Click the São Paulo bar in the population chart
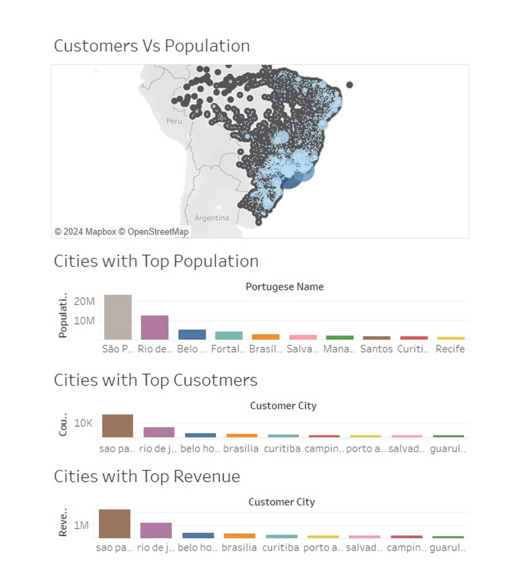pyautogui.click(x=118, y=317)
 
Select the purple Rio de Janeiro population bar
pyautogui.click(x=154, y=327)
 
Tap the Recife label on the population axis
pyautogui.click(x=450, y=349)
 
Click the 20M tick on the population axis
pyautogui.click(x=84, y=301)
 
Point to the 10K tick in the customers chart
pyautogui.click(x=83, y=423)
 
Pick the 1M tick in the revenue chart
pyautogui.click(x=81, y=525)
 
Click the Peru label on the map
pyautogui.click(x=174, y=121)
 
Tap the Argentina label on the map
pyautogui.click(x=212, y=218)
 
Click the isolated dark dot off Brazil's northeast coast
pyautogui.click(x=350, y=85)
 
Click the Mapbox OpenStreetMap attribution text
pyautogui.click(x=121, y=232)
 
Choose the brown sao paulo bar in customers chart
pyautogui.click(x=117, y=426)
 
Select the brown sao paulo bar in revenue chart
pyautogui.click(x=114, y=524)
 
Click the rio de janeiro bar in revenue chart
pyautogui.click(x=156, y=530)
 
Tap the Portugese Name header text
pyautogui.click(x=285, y=287)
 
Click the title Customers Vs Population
pyautogui.click(x=152, y=46)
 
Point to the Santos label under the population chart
pyautogui.click(x=376, y=349)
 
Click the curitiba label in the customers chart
pyautogui.click(x=282, y=449)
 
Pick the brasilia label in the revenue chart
pyautogui.click(x=239, y=548)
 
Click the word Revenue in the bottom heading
pyautogui.click(x=207, y=476)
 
